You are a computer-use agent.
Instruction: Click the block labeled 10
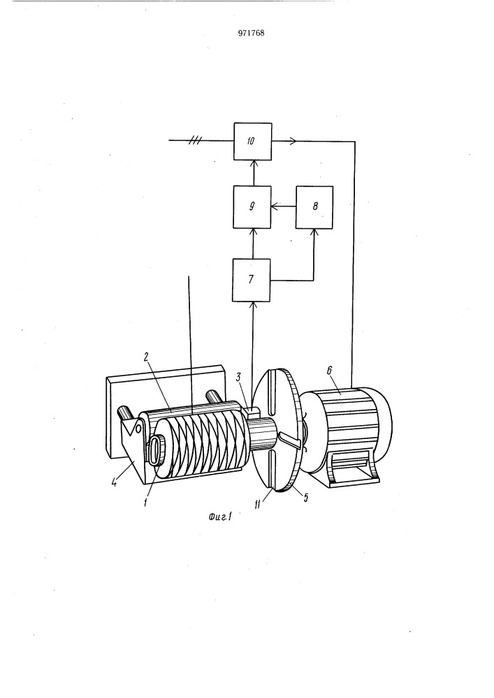(252, 142)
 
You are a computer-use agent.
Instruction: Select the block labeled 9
(252, 207)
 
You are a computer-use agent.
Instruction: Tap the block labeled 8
(314, 207)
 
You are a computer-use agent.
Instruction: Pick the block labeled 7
(252, 280)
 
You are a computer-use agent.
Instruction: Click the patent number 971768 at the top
(252, 33)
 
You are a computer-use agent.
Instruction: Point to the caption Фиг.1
(221, 517)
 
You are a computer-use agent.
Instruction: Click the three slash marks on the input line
(195, 141)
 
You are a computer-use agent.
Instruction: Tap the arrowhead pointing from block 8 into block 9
(275, 206)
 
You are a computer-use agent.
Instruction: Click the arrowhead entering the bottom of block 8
(314, 232)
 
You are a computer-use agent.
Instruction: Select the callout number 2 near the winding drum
(145, 357)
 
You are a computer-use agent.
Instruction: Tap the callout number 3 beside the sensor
(239, 378)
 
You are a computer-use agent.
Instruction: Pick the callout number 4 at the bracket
(115, 482)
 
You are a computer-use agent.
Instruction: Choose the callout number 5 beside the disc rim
(305, 498)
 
